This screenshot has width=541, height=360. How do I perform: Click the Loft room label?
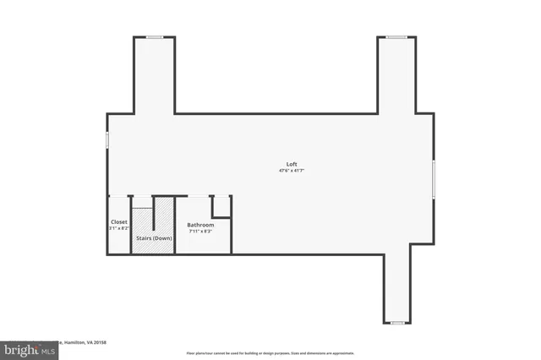click(x=291, y=164)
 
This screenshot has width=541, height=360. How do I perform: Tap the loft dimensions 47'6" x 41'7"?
click(x=291, y=171)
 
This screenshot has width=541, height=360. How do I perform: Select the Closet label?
click(x=119, y=222)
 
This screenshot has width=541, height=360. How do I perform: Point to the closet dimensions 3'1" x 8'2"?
click(x=119, y=228)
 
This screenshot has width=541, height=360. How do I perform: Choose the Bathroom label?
click(x=200, y=225)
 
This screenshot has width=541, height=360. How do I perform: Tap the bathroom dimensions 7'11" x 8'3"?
click(x=200, y=231)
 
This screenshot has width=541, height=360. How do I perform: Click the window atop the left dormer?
click(x=154, y=37)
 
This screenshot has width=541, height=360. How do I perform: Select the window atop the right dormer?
click(x=396, y=37)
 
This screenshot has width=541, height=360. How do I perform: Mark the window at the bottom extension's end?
click(x=396, y=323)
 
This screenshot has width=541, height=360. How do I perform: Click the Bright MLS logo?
click(x=28, y=349)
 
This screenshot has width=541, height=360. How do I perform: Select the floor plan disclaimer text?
click(x=270, y=353)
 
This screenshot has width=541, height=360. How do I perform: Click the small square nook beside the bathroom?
click(x=221, y=207)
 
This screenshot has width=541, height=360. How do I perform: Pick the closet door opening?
click(x=119, y=196)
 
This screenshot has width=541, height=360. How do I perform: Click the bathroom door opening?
click(x=198, y=196)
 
